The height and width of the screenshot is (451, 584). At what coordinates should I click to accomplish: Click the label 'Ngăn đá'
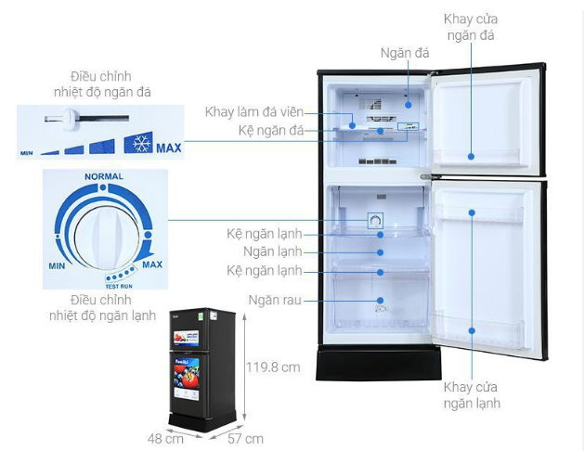tap(404, 53)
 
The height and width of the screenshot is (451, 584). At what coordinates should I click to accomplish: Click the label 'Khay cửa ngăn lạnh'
tap(471, 394)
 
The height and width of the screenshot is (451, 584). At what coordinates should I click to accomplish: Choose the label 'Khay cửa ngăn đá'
tap(469, 27)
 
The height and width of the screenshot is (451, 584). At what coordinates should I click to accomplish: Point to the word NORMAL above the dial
tap(103, 176)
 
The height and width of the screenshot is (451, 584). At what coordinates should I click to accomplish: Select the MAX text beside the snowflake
tap(169, 148)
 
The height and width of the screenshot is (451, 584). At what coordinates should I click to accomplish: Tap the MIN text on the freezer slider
tap(28, 152)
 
